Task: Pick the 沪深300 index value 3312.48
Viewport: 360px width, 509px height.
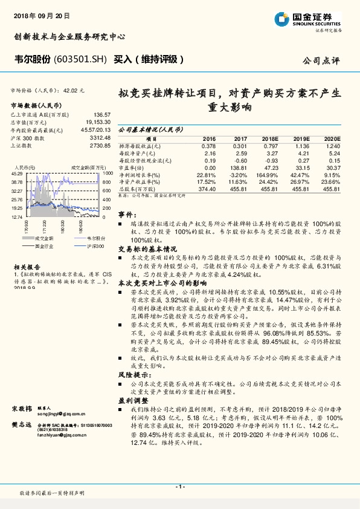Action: [100, 137]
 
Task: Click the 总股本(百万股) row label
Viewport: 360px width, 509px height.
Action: [136, 189]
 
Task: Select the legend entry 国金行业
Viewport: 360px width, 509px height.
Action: [48, 247]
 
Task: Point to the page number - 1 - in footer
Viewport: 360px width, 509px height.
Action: [179, 487]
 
